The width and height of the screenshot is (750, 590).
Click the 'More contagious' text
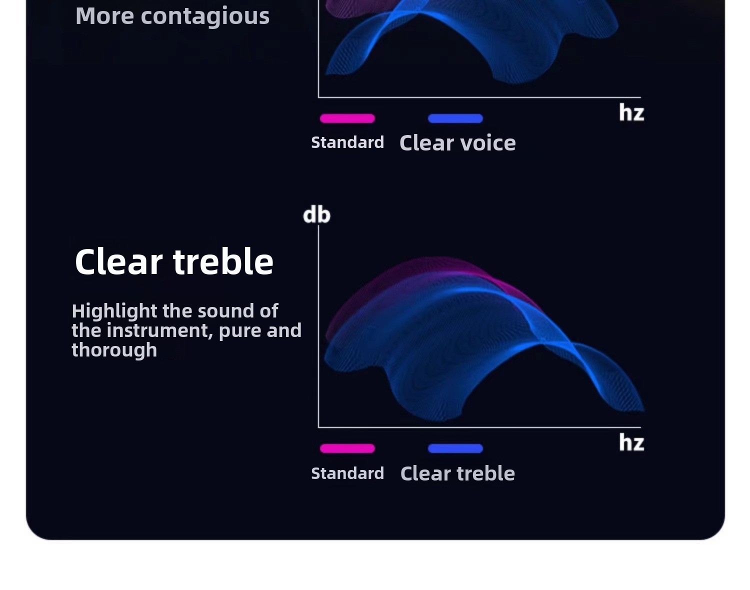pyautogui.click(x=172, y=16)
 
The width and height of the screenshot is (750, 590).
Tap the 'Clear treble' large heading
pyautogui.click(x=174, y=261)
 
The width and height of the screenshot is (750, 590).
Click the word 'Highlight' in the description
pyautogui.click(x=114, y=311)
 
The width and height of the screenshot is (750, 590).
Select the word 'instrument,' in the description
pyautogui.click(x=159, y=330)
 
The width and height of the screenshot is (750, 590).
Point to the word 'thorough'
pyautogui.click(x=114, y=350)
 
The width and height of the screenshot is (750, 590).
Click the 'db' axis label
pyautogui.click(x=316, y=214)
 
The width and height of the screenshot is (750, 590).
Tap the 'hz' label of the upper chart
pyautogui.click(x=631, y=112)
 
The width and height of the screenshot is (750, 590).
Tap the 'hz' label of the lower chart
pyautogui.click(x=631, y=442)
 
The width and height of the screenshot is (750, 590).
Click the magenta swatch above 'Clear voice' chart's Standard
pyautogui.click(x=347, y=118)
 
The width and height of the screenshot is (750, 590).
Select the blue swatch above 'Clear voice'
pyautogui.click(x=455, y=118)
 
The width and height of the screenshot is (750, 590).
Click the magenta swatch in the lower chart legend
pyautogui.click(x=347, y=448)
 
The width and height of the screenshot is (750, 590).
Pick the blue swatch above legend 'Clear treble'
pyautogui.click(x=455, y=448)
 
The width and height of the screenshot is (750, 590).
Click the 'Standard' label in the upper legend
pyautogui.click(x=347, y=142)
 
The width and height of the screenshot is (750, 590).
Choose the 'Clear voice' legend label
pyautogui.click(x=457, y=143)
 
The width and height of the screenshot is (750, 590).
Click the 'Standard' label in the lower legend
pyautogui.click(x=347, y=473)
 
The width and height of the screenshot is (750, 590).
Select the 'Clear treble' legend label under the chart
pyautogui.click(x=457, y=473)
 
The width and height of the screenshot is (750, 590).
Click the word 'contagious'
pyautogui.click(x=205, y=16)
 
